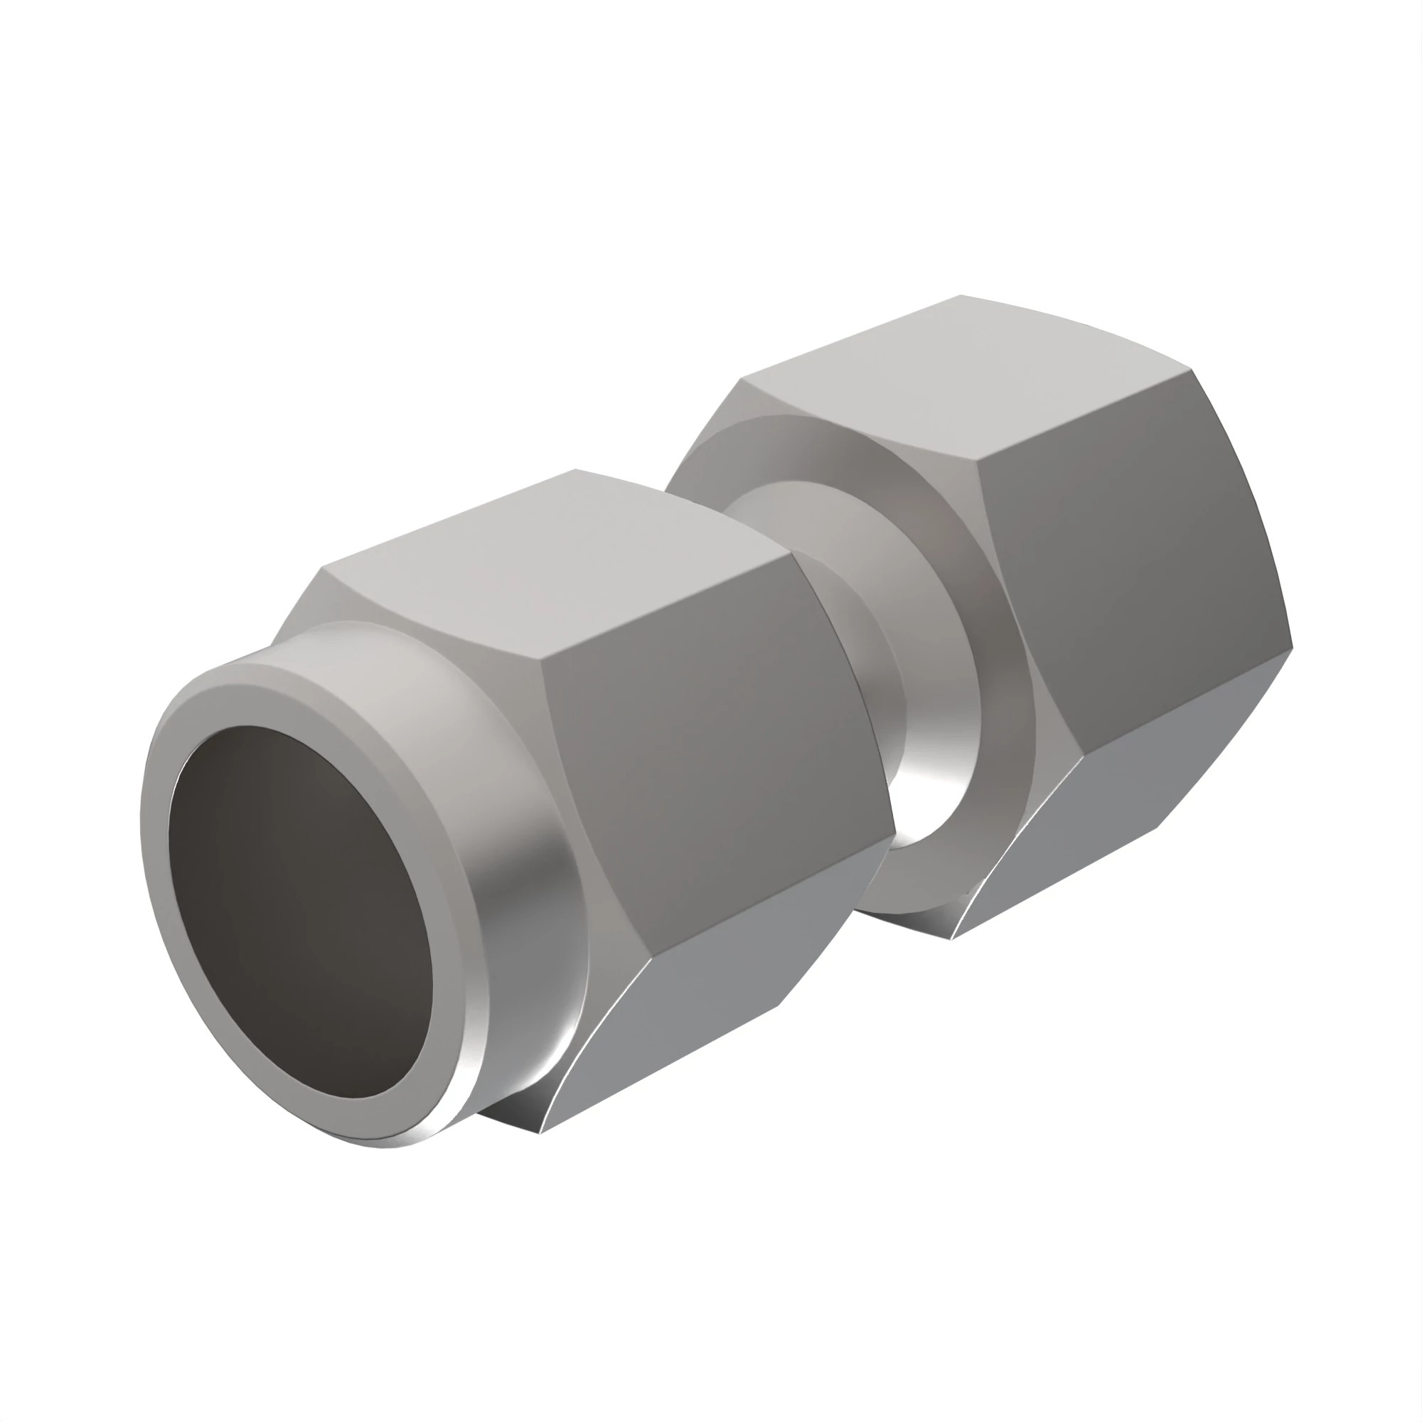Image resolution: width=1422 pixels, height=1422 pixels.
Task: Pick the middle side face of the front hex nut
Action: (x=707, y=773)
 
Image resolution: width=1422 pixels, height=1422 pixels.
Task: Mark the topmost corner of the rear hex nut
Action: (x=961, y=296)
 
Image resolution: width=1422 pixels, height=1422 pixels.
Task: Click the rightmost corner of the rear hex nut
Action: (x=1293, y=649)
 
